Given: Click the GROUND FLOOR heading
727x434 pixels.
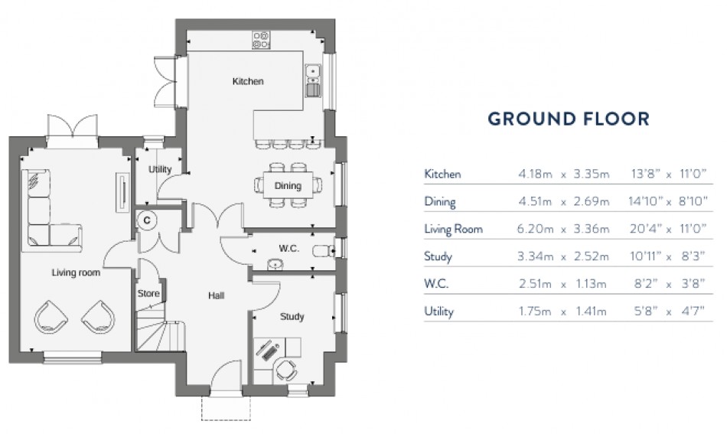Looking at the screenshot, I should point(569,119).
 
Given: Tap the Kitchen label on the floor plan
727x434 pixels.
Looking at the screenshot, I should point(248,81).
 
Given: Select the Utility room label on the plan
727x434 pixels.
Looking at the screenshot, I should point(160,169).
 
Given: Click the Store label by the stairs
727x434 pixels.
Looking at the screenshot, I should point(148,293).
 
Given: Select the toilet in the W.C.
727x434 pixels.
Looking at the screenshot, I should point(326,250).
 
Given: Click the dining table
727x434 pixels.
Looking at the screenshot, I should point(288,185).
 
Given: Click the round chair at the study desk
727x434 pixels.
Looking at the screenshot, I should point(285,369).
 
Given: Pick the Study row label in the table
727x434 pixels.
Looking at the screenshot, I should point(438,256).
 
